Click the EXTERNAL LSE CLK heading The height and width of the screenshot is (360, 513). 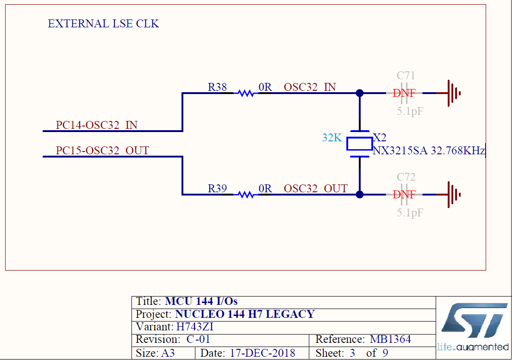click(x=103, y=24)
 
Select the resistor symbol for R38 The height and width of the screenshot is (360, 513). click(x=246, y=93)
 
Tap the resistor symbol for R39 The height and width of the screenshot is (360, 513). click(x=246, y=195)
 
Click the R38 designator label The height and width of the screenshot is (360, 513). click(x=217, y=87)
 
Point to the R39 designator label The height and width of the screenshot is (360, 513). click(x=217, y=188)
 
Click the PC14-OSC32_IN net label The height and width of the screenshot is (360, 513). click(x=96, y=125)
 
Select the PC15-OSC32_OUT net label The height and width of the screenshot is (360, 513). click(x=102, y=151)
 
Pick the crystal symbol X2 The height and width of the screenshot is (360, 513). click(x=359, y=144)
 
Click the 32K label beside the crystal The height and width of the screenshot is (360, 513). click(x=332, y=138)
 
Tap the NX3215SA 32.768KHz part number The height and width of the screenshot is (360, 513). click(x=428, y=151)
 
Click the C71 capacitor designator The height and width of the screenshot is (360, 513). click(x=406, y=76)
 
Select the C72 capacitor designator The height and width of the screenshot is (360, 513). click(x=406, y=177)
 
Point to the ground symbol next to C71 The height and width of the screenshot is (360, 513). click(x=453, y=93)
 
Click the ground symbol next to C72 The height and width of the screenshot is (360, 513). click(x=453, y=195)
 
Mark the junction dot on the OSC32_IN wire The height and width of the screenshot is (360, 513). click(x=360, y=93)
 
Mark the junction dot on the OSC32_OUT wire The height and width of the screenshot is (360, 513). click(x=360, y=195)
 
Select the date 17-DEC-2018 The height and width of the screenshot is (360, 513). click(x=262, y=353)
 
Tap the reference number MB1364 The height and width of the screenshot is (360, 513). click(x=390, y=339)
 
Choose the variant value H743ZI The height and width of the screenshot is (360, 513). click(x=195, y=327)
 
